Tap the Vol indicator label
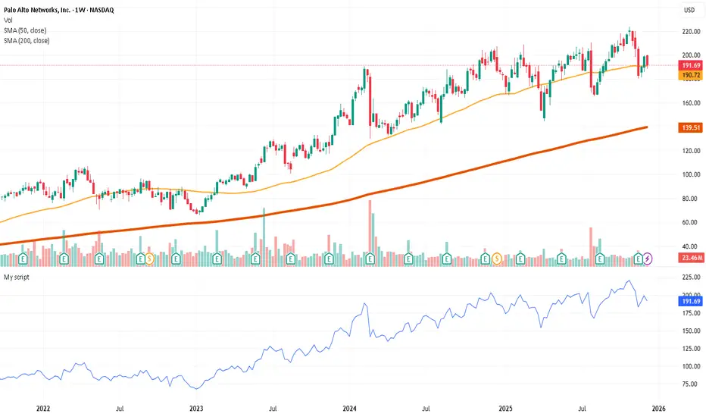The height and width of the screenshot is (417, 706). click(x=9, y=20)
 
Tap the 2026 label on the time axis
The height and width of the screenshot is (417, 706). click(x=659, y=408)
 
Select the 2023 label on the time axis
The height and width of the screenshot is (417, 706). click(x=197, y=408)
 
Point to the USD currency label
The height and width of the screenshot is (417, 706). click(x=689, y=10)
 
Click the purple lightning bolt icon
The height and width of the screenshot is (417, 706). click(x=648, y=259)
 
